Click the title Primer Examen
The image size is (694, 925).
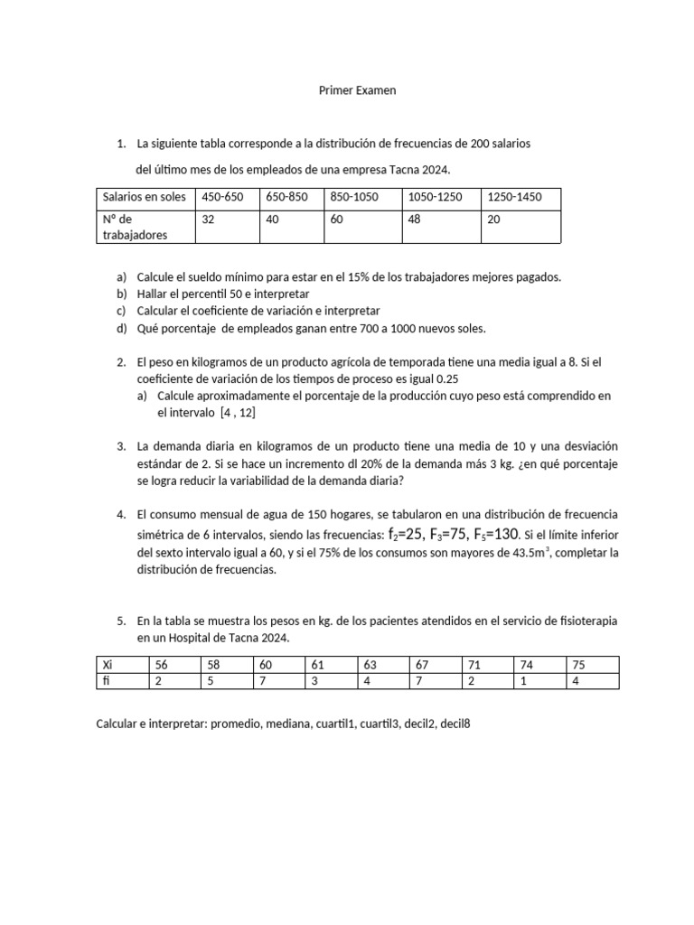click(x=358, y=90)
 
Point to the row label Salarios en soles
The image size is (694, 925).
click(x=144, y=197)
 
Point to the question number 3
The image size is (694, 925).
click(x=120, y=447)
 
